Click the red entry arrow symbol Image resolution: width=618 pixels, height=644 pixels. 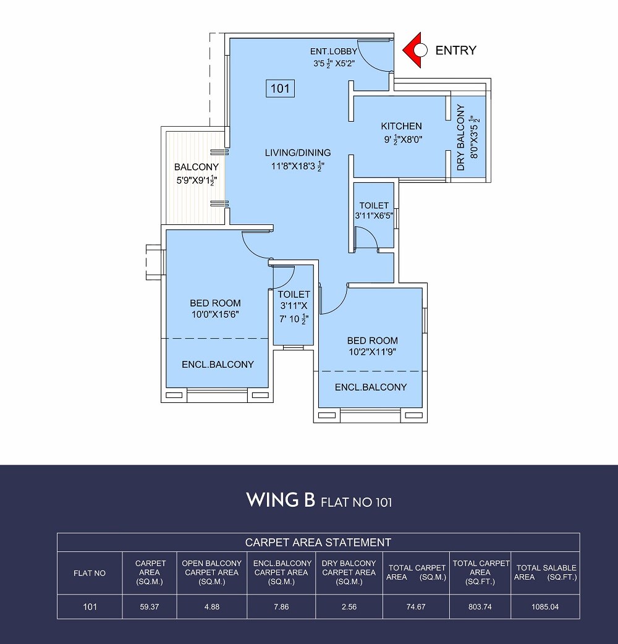coord(412,50)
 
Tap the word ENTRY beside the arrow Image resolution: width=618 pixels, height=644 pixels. coord(456,51)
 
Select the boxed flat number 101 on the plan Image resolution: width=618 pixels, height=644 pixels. coord(280,88)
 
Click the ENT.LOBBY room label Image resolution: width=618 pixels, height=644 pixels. coord(334,51)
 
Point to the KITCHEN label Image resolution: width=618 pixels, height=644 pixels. coord(401,126)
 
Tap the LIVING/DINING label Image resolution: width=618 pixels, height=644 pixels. coord(298,153)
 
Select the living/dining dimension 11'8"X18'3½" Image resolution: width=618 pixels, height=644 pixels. coord(298,166)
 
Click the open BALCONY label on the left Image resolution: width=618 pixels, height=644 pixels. coord(196,167)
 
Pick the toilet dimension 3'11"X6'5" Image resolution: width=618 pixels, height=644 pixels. coord(374,216)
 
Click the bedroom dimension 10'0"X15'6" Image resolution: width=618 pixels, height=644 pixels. coord(214,315)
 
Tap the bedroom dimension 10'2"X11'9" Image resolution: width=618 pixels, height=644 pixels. coord(372,352)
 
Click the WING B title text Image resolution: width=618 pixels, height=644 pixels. coord(281,500)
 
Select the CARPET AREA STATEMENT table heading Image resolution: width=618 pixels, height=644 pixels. coord(318,543)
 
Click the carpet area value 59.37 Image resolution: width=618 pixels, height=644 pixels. coord(150,607)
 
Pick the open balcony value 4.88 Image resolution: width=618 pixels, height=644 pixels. coord(211,607)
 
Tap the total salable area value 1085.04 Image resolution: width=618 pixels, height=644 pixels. coord(545,607)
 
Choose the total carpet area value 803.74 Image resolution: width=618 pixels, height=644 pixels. coord(480,607)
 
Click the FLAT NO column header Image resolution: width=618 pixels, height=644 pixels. coord(90,573)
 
